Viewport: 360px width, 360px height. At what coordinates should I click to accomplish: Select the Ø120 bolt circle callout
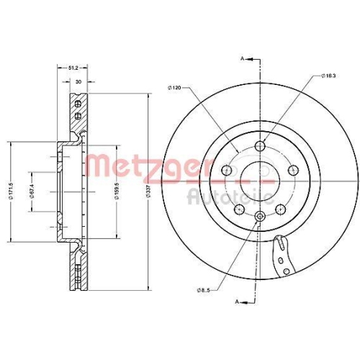point(176,88)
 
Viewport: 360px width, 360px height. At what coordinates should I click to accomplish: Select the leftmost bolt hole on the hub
point(228,170)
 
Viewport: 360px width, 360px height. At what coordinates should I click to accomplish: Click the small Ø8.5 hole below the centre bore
point(259,215)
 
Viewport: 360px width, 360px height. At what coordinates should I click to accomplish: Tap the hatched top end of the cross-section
point(77,108)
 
